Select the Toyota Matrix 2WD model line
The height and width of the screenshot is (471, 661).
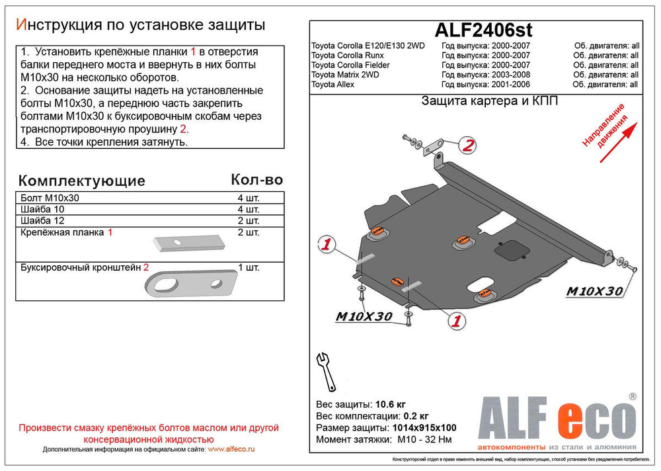345,75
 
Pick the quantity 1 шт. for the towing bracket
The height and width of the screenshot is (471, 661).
248,268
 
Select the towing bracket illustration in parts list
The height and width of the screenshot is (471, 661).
191,284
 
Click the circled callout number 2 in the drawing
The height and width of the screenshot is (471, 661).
467,146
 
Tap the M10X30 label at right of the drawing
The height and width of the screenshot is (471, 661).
593,291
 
